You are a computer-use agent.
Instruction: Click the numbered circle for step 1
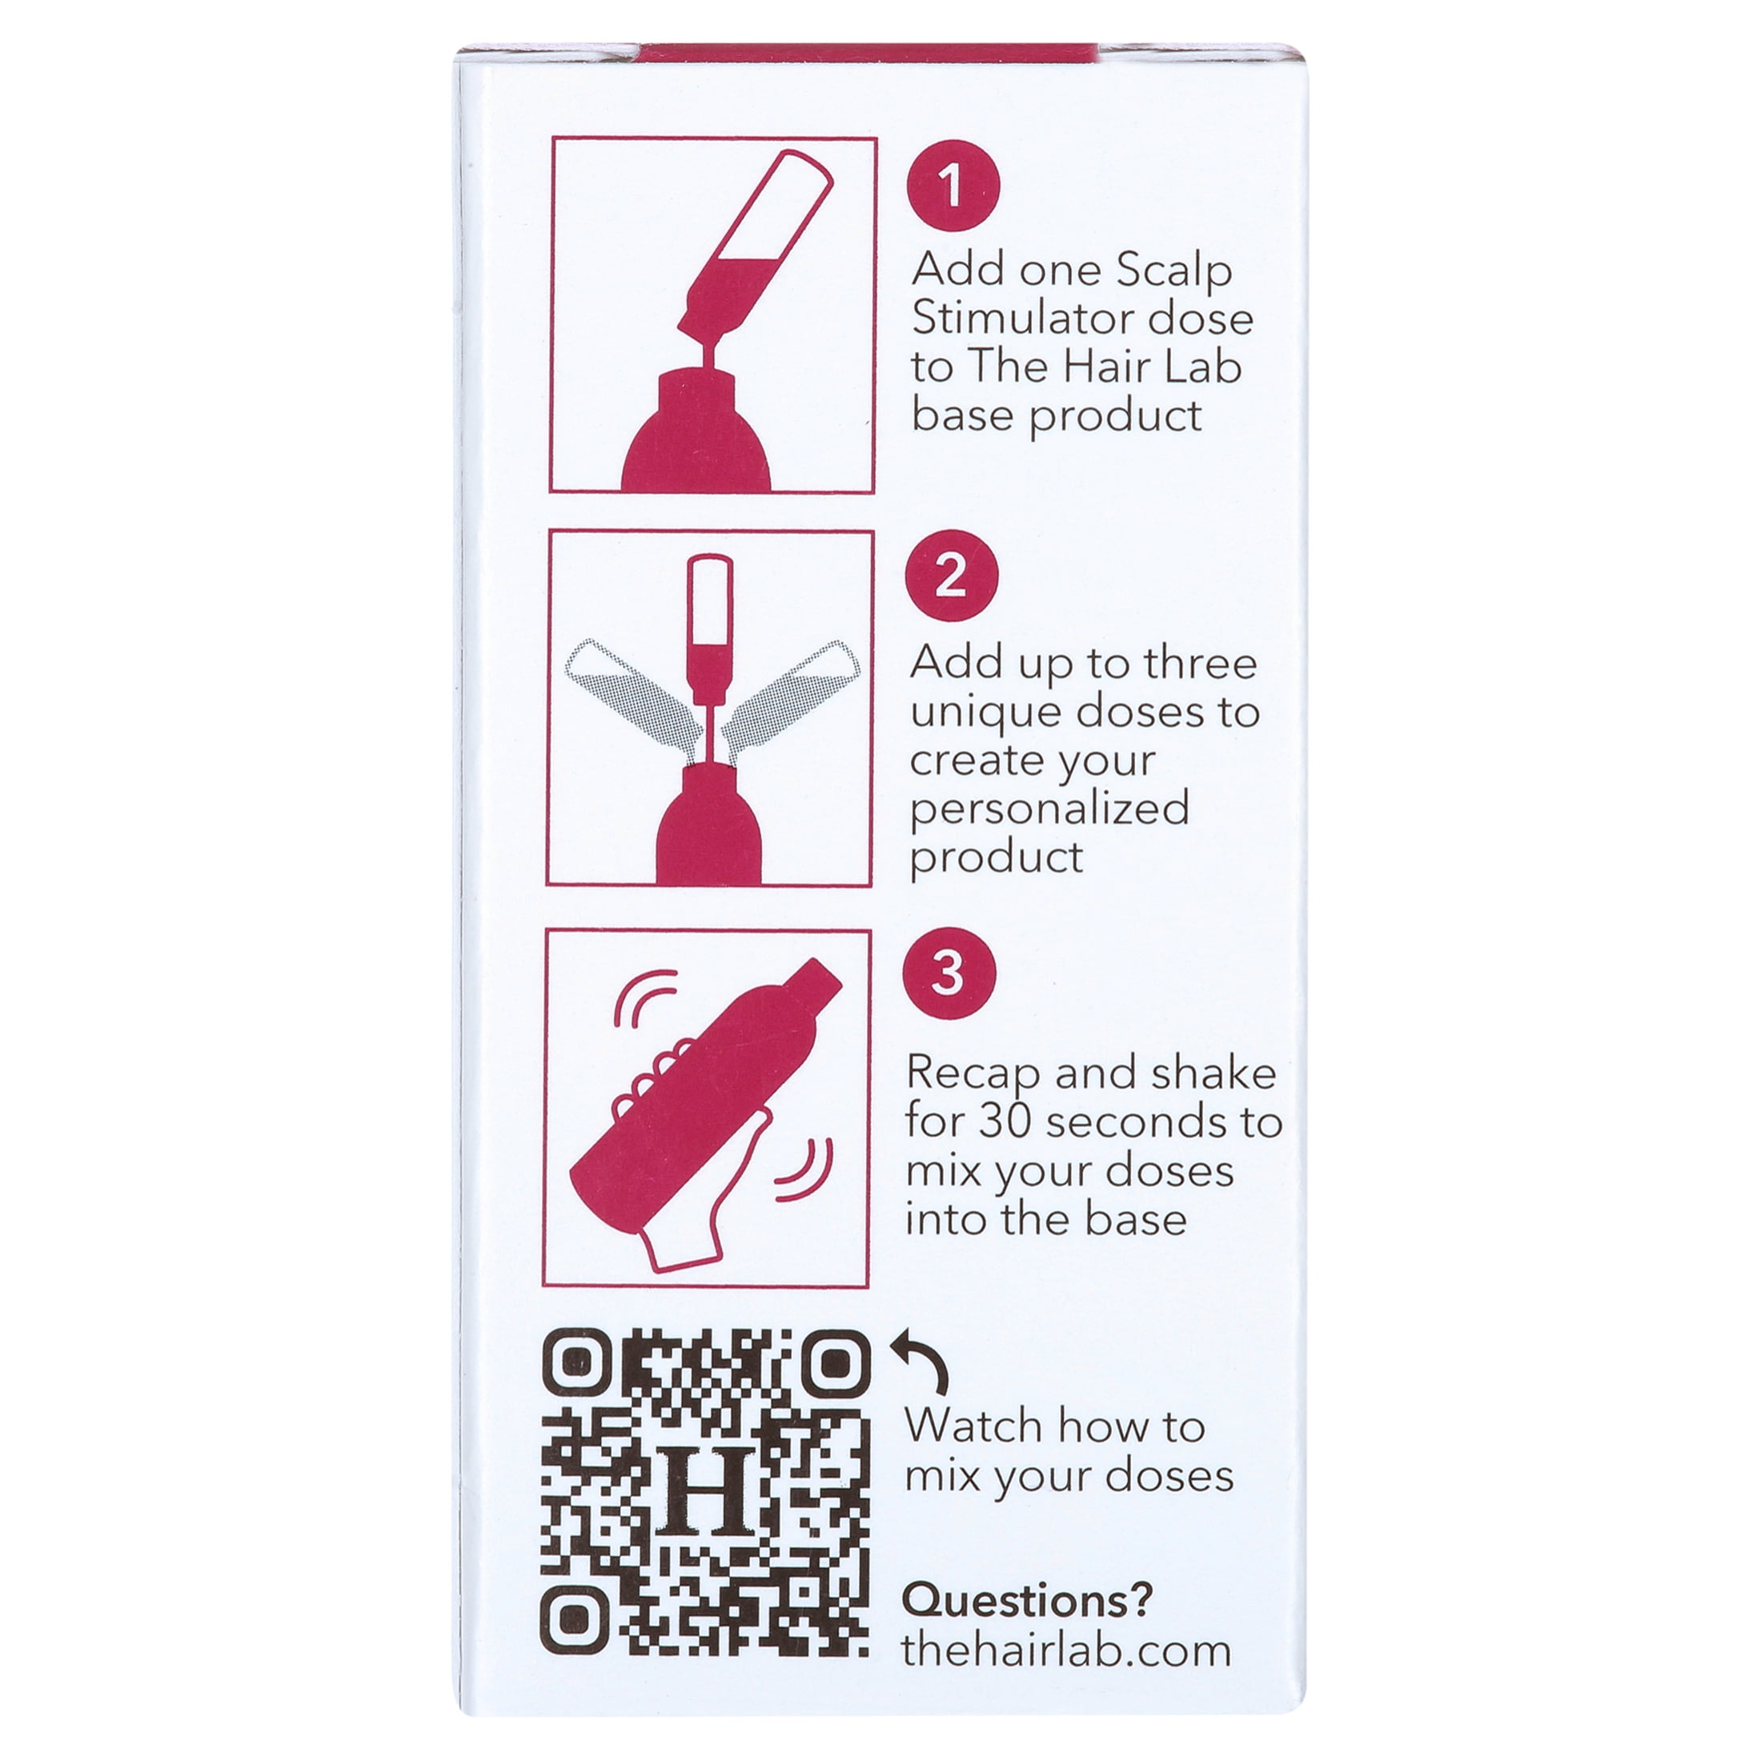coord(953,186)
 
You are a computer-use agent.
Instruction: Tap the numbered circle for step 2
coord(951,576)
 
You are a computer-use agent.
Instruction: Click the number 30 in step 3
coord(1008,1121)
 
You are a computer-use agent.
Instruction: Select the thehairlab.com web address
coord(1065,1651)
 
